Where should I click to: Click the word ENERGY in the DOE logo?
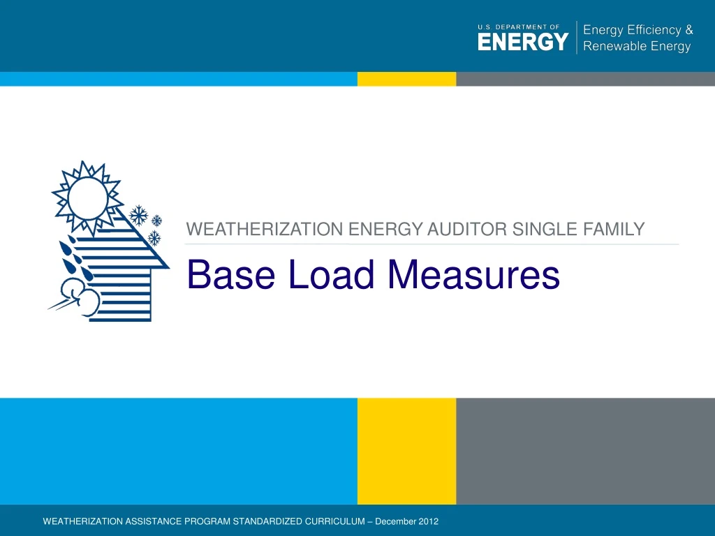point(523,43)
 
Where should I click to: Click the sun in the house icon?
point(87,198)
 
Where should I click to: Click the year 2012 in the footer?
point(427,522)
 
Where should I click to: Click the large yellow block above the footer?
point(406,451)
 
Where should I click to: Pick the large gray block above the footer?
point(585,451)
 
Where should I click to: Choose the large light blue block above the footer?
point(178,451)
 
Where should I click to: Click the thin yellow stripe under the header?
point(406,79)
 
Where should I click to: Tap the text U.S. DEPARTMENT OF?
point(518,27)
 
